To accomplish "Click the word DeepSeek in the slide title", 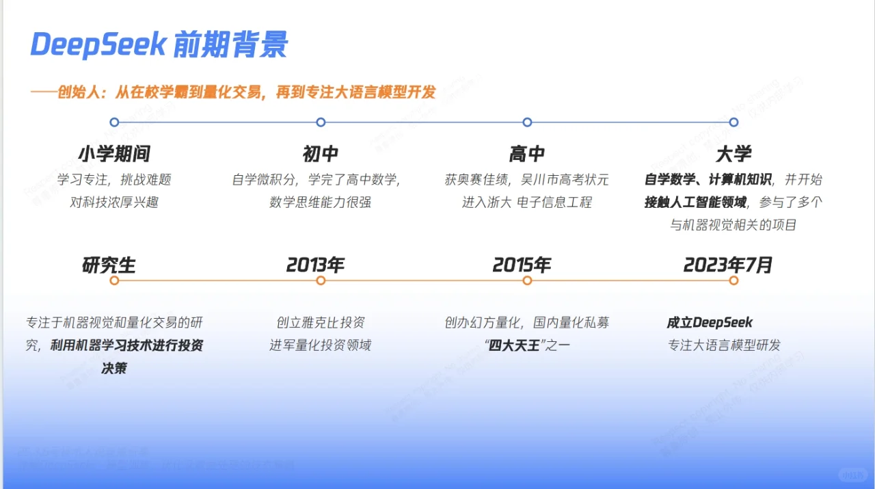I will click(x=98, y=45).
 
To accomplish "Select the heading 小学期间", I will click(x=113, y=154).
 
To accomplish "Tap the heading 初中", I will click(x=320, y=154).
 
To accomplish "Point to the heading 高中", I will click(x=526, y=154).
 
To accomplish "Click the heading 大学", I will click(x=733, y=154).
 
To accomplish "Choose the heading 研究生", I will click(x=109, y=265).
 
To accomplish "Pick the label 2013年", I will click(x=315, y=265).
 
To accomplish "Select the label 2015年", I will click(x=522, y=265).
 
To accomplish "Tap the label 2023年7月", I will click(x=728, y=265).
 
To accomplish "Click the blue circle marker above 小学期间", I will click(x=114, y=122).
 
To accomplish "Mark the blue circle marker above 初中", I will click(x=321, y=122).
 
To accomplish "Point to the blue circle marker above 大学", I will click(x=733, y=122).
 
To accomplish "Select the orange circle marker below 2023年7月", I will click(x=733, y=280).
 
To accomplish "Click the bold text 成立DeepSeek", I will click(x=710, y=323).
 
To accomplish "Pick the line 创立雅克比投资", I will click(x=320, y=323).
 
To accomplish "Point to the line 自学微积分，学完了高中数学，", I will click(x=316, y=180).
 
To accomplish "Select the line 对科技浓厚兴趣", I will click(x=113, y=202).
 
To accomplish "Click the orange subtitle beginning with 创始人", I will click(x=246, y=92).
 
